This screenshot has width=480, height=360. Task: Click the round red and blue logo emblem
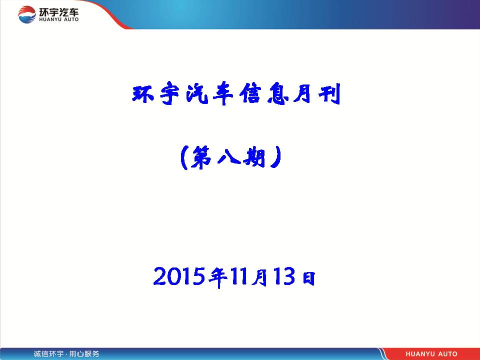(27, 14)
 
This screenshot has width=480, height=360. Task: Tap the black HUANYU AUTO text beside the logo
(59, 19)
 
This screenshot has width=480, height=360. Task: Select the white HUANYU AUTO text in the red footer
(431, 354)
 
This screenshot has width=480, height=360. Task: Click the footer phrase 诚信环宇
(48, 354)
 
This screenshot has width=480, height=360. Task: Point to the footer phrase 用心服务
(84, 354)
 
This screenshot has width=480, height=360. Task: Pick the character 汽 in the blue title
(197, 93)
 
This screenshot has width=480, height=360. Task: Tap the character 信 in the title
(250, 93)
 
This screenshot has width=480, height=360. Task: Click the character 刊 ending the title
(329, 93)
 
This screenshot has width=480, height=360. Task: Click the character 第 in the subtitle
(201, 157)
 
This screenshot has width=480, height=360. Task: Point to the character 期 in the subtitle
(254, 157)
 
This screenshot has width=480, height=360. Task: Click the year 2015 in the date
(179, 276)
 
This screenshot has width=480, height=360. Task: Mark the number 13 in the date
(284, 276)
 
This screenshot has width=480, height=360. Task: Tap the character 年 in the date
(217, 277)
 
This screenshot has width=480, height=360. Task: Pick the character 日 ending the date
(308, 277)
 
